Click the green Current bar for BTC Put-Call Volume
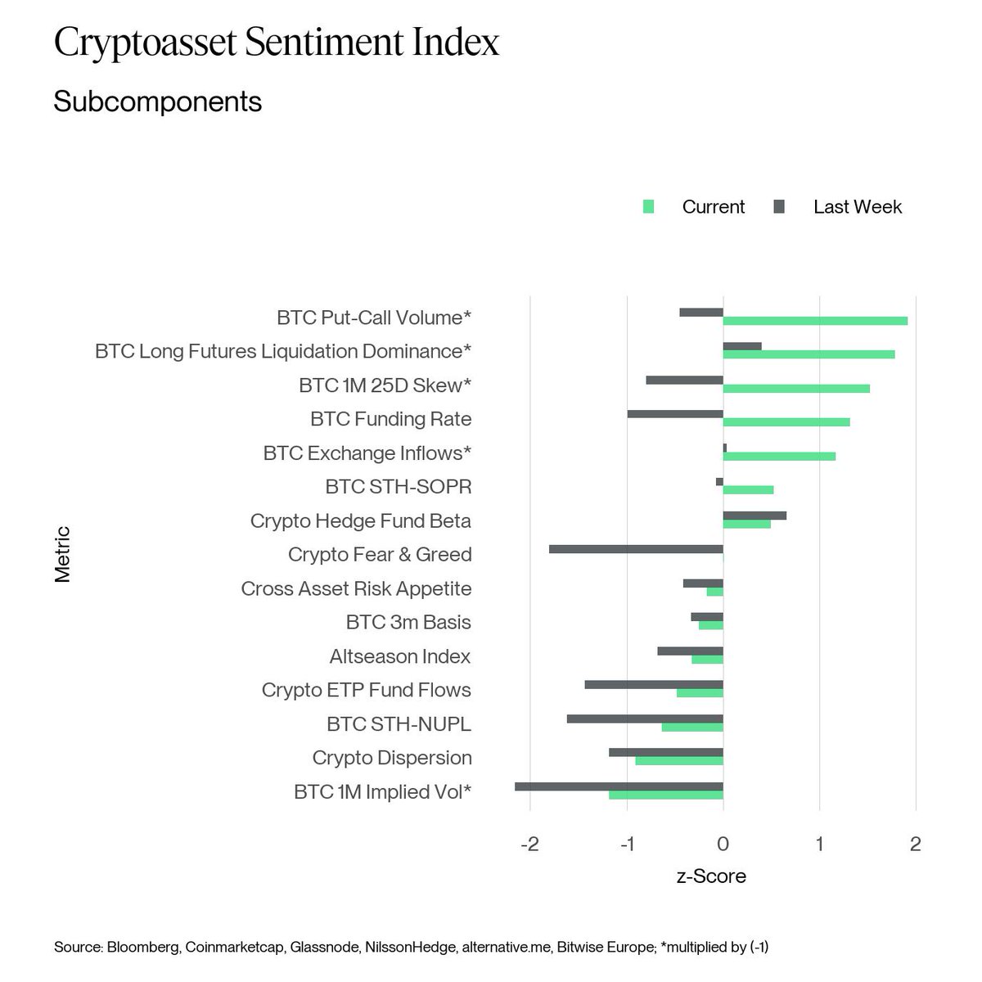point(815,320)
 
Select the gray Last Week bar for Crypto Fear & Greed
point(636,548)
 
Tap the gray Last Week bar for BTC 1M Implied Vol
point(619,786)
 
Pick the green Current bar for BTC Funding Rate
point(786,422)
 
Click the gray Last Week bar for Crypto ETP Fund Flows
point(654,684)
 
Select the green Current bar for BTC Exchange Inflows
point(779,456)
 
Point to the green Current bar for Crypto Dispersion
point(679,761)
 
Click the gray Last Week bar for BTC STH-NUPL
point(645,718)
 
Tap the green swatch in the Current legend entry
point(649,207)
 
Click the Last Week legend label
point(857,207)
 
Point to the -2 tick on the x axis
point(530,844)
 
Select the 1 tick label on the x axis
point(819,844)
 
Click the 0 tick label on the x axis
point(723,844)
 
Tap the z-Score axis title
point(711,876)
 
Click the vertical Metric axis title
point(63,554)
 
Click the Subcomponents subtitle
point(157,101)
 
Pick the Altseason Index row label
point(400,656)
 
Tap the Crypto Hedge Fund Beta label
point(361,520)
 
